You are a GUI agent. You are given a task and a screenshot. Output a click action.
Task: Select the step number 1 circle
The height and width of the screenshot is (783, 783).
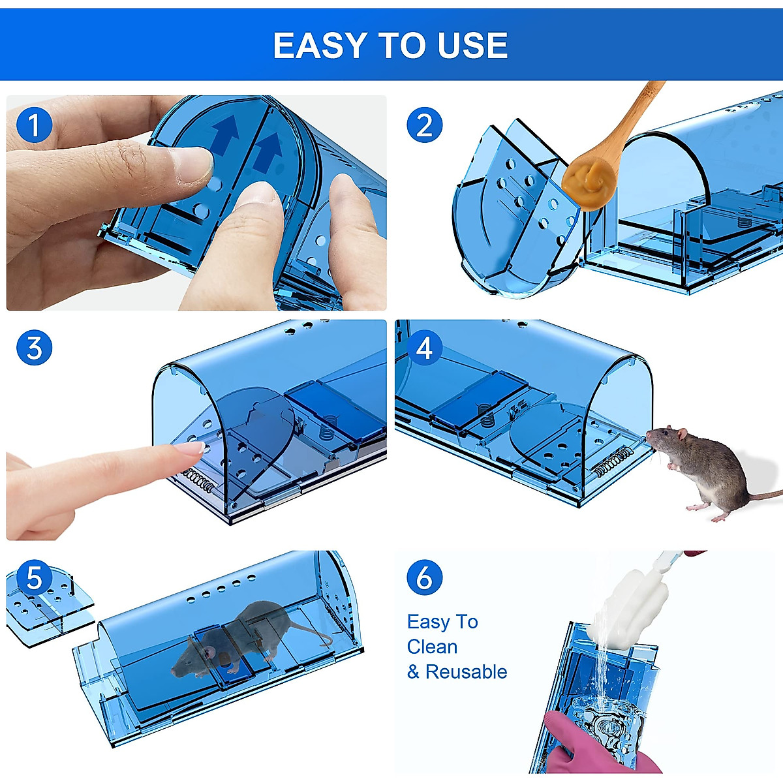[34, 125]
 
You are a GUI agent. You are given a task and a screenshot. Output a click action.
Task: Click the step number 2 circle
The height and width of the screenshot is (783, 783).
[424, 125]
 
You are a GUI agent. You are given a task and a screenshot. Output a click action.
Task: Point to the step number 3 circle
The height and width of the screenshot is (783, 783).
[34, 348]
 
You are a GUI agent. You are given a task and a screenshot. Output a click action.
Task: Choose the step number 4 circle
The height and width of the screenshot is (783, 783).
[424, 348]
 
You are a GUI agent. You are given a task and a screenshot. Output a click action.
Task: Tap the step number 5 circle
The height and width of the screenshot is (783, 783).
[34, 577]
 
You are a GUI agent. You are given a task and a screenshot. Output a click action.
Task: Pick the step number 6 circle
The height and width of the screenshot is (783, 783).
[424, 577]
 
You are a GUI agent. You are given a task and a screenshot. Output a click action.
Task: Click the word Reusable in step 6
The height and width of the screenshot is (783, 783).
[466, 671]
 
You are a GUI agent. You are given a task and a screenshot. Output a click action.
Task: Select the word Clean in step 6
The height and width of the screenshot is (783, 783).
[432, 647]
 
